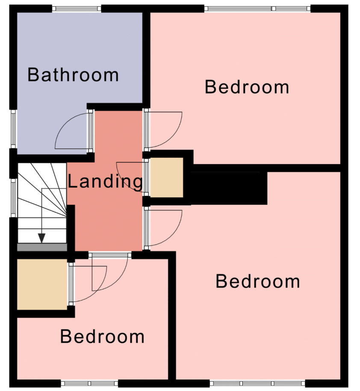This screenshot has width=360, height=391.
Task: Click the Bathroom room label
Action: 73,74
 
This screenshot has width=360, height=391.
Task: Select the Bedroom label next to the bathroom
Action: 247,87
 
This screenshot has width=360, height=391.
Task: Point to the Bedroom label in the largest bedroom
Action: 258,281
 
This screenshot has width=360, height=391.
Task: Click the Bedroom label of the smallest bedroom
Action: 102,336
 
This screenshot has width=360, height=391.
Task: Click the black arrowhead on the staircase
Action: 41,238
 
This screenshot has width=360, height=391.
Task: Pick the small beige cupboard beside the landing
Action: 167,177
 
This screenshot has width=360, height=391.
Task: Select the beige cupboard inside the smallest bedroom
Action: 42,285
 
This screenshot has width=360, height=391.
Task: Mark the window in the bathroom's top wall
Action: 77,9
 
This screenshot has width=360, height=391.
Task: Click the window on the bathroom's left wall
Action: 14,129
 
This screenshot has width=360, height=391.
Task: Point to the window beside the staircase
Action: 14,198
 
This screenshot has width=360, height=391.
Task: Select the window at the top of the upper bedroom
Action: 257,9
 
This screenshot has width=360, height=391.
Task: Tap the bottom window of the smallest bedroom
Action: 89,383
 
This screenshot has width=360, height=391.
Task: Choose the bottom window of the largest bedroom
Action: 257,383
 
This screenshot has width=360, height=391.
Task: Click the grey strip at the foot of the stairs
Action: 42,247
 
